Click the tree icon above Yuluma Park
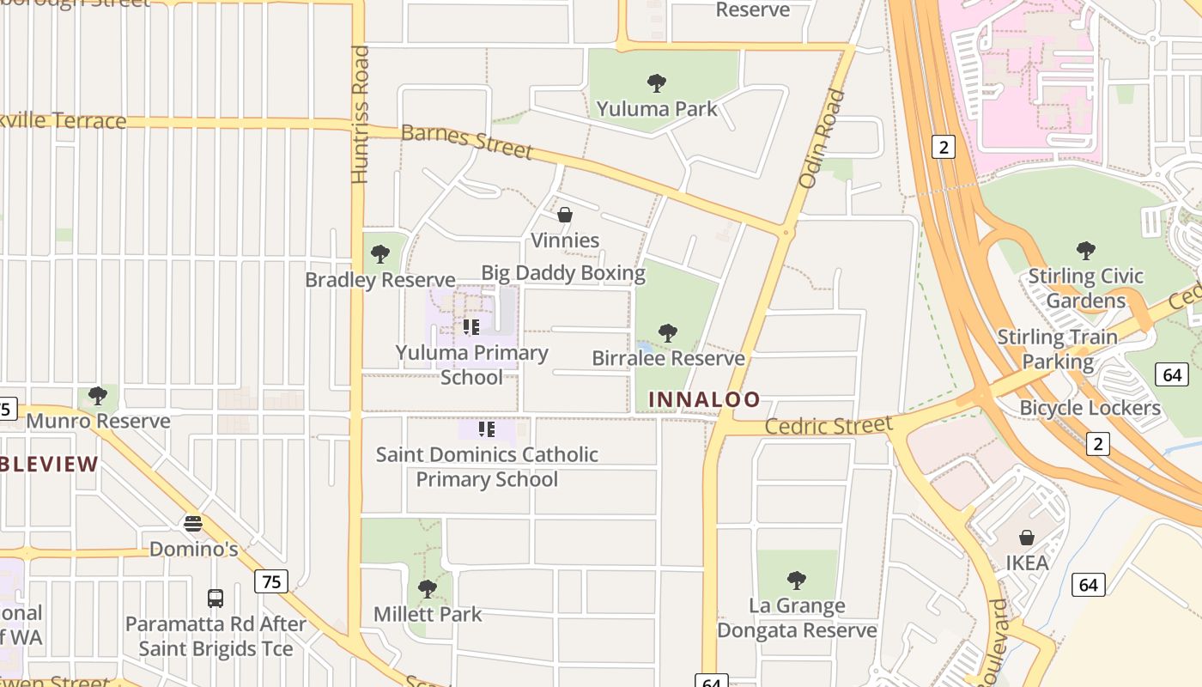[657, 83]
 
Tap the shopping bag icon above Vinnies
[565, 215]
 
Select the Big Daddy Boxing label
[563, 273]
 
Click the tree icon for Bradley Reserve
[379, 254]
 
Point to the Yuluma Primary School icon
[470, 327]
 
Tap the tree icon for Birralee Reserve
[668, 333]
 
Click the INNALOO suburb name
[704, 399]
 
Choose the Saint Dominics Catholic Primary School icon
[487, 429]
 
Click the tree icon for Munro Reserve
[98, 396]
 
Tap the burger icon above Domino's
[193, 523]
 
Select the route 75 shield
[270, 581]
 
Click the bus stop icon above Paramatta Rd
[216, 598]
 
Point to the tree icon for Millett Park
[428, 589]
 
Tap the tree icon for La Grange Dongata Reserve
[797, 581]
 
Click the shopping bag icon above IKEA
[1027, 538]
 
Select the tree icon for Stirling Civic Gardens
[1086, 251]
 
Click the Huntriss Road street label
[360, 114]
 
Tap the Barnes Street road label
[466, 142]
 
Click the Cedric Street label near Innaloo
[829, 426]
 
